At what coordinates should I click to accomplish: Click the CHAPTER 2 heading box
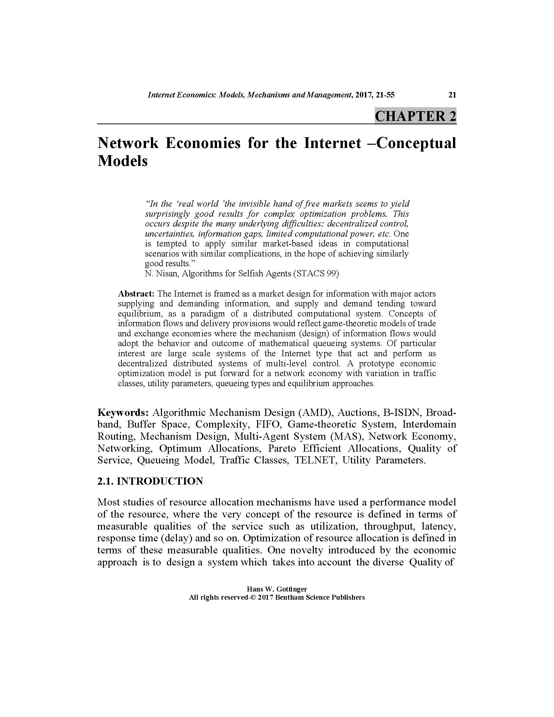415,116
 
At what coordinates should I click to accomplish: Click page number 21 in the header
452,95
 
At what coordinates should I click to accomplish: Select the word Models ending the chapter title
123,161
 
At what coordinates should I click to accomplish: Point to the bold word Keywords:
124,412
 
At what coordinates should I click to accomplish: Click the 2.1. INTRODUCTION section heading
150,481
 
